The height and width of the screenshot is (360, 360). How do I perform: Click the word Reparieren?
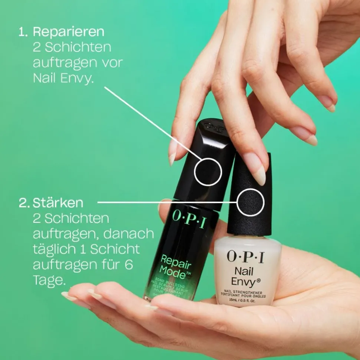click(69, 32)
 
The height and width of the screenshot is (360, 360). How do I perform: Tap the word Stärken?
click(58, 203)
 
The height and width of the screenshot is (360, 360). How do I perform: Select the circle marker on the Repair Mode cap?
click(208, 172)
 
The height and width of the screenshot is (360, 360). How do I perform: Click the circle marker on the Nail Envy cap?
click(251, 202)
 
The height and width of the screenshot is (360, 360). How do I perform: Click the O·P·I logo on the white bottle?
click(245, 256)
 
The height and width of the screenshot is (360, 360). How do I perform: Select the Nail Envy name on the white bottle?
click(244, 277)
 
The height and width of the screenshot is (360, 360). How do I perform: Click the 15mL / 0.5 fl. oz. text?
click(244, 300)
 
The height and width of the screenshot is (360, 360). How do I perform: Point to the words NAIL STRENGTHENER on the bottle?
click(244, 292)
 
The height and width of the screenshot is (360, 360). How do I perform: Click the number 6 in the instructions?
click(129, 265)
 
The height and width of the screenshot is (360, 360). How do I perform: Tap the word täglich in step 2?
click(53, 250)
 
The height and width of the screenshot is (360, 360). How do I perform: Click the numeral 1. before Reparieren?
click(23, 32)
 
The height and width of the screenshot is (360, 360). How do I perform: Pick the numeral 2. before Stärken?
click(24, 203)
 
